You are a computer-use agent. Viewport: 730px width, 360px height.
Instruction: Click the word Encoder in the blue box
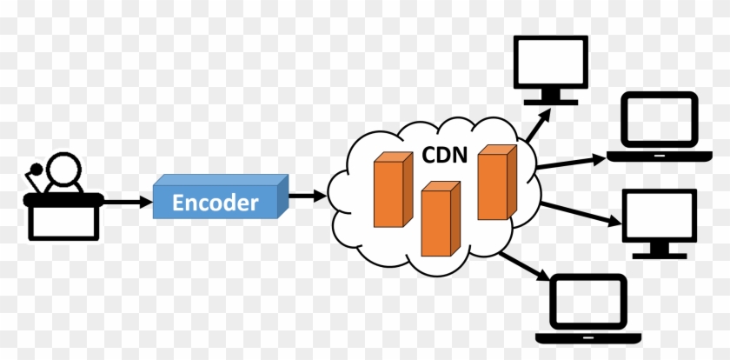click(x=216, y=203)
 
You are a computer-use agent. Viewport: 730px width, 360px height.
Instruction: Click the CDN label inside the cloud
click(x=444, y=157)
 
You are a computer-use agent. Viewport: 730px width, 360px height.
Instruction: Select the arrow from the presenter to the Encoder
click(x=127, y=203)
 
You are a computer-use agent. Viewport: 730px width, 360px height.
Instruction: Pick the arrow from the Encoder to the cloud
click(x=303, y=195)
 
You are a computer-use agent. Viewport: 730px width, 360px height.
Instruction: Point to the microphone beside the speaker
click(x=35, y=170)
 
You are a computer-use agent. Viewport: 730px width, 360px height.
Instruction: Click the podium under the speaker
click(x=64, y=217)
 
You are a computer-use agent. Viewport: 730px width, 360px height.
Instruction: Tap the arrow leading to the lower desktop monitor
click(x=578, y=217)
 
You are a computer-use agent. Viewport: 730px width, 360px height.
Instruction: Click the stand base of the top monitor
click(x=549, y=103)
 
